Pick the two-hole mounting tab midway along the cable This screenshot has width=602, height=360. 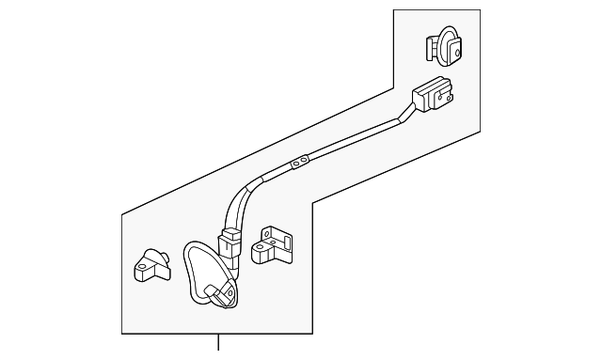pyautogui.click(x=299, y=164)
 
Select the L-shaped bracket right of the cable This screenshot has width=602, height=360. pyautogui.click(x=275, y=243)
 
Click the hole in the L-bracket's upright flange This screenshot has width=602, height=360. pyautogui.click(x=269, y=233)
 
